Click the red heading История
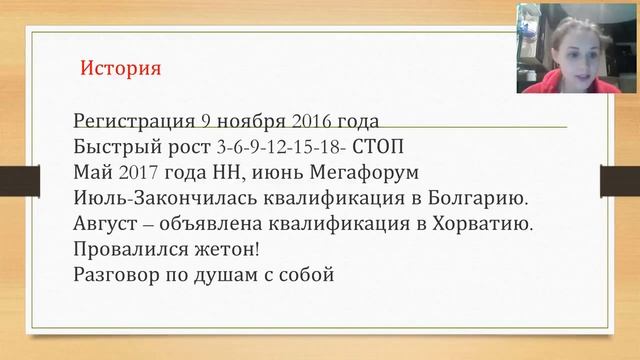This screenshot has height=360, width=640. (x=120, y=70)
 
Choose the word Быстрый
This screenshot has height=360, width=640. (x=113, y=148)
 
